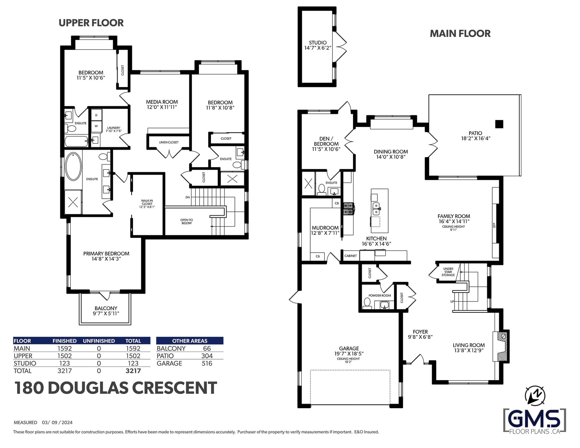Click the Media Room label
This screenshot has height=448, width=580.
pos(162,104)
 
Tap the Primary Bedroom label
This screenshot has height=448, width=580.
pos(106,256)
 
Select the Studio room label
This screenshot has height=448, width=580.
pos(318,45)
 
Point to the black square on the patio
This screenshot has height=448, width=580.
pos(499,124)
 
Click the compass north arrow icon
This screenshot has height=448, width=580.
pos(535,396)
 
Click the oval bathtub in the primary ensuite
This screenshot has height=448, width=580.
pos(73,166)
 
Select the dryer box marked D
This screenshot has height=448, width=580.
pos(96,115)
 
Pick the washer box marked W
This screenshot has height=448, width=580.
pos(96,126)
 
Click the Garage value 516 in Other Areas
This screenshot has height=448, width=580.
pos(207,364)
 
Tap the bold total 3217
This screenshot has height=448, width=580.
pos(133,371)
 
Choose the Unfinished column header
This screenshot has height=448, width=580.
pos(99,341)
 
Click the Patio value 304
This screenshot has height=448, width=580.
pos(207,356)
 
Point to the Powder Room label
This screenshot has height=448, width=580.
pos(380,295)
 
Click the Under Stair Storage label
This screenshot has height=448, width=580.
pos(448,272)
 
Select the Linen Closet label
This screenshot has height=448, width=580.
pos(169,142)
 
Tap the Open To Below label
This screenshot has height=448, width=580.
pos(187,221)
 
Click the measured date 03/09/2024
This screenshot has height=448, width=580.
pos(57,422)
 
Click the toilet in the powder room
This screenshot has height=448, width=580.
pos(367,303)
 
